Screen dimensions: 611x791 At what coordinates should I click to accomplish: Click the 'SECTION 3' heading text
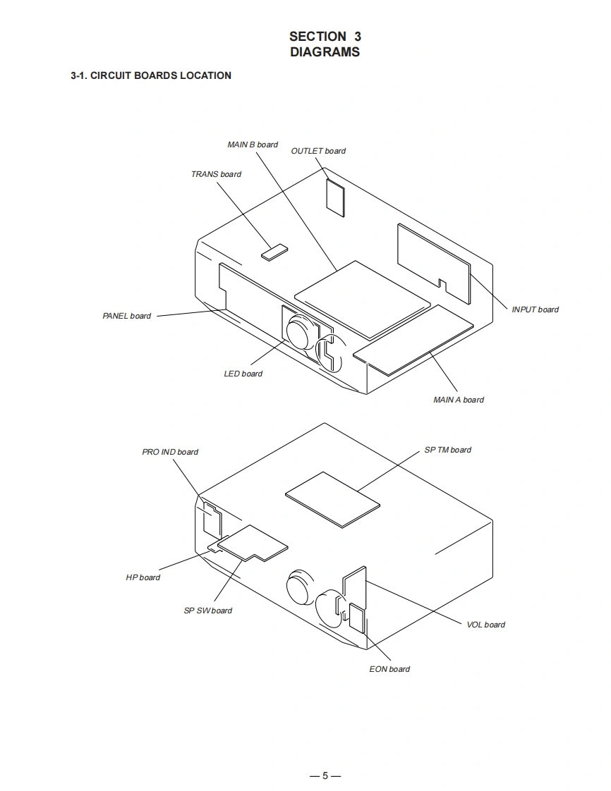coord(325,36)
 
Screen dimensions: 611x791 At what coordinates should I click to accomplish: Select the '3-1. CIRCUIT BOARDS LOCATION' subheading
coord(151,75)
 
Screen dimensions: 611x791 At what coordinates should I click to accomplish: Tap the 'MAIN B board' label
coord(253,145)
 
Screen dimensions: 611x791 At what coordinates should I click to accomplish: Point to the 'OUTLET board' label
coord(318,151)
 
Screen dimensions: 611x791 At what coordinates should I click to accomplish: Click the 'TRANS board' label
coord(216,174)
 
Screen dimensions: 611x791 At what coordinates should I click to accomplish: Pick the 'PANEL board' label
coord(127,316)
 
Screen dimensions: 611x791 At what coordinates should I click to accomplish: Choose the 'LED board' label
coord(243,374)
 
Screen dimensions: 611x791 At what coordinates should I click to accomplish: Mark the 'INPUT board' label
coord(535,309)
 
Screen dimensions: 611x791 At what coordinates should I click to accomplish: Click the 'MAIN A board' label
coord(459,400)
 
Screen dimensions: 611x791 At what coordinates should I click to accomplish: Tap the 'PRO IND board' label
coord(170,452)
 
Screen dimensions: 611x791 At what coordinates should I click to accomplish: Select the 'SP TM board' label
coord(448,450)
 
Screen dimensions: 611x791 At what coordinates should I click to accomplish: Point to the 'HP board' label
coord(143,577)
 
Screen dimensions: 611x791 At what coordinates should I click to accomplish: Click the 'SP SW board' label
coord(208,611)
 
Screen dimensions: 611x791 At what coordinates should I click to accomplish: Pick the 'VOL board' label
coord(485,625)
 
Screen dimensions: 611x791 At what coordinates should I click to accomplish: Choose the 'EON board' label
coord(389,669)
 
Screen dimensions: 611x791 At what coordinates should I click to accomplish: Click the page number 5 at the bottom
coord(325,776)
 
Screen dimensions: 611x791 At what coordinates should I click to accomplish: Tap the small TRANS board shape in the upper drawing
coord(275,252)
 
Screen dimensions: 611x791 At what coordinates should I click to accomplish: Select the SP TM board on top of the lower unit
coord(332,498)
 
